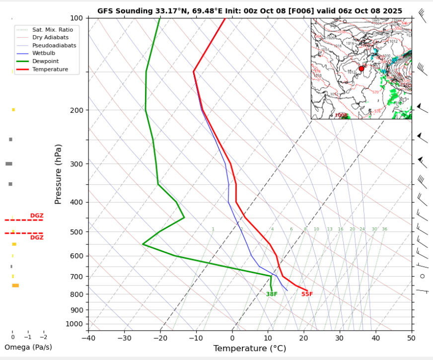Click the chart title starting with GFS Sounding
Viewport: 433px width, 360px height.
(250, 10)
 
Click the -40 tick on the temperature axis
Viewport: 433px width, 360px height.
(88, 338)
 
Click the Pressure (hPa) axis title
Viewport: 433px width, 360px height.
(59, 174)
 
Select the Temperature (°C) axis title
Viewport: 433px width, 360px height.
(250, 349)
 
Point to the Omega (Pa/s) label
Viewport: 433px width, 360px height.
(28, 347)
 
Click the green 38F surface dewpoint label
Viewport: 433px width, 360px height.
(272, 294)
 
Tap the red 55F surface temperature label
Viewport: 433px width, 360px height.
(307, 294)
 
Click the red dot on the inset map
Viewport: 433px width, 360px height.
(361, 69)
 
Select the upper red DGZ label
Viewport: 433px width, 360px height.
(37, 216)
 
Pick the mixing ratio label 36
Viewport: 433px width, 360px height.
(384, 229)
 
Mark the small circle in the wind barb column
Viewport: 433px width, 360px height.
(423, 276)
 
